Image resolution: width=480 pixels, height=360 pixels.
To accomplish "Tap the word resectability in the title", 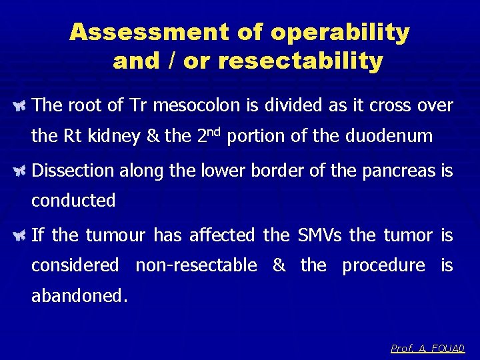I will [301, 61].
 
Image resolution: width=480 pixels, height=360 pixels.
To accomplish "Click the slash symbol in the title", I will [171, 61].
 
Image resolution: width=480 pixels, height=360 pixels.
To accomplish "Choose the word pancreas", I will [397, 171].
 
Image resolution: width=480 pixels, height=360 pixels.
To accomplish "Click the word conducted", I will [73, 201].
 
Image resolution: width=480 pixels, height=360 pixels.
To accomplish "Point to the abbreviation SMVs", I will [319, 235].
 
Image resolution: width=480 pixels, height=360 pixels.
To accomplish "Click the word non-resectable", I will [196, 265].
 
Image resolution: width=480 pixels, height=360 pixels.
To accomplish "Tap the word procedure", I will [383, 265].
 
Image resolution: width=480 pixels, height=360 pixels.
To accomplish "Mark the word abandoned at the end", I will [78, 295].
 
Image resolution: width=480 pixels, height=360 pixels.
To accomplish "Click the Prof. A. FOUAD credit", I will [427, 349].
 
